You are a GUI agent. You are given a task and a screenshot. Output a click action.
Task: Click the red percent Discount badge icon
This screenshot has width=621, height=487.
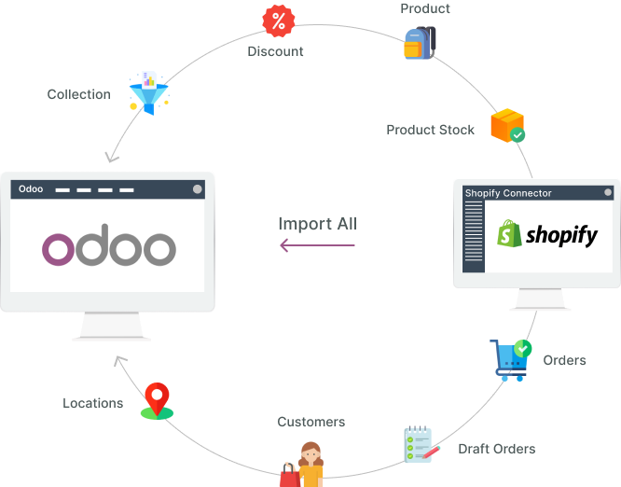point(278,20)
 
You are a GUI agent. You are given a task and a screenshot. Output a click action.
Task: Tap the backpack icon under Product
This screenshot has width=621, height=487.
point(419,43)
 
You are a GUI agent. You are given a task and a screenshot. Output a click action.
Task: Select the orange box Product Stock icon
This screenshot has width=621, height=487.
point(508,126)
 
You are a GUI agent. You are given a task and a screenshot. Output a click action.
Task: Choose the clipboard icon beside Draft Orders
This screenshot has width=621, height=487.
point(419,445)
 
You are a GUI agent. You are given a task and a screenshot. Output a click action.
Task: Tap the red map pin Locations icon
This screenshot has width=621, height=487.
point(157,400)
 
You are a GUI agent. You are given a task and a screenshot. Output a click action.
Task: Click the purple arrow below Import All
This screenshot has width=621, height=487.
point(318,245)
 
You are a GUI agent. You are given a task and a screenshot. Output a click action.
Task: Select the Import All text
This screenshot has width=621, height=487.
point(317,224)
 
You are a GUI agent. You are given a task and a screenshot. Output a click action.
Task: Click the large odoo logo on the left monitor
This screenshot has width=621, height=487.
point(109,247)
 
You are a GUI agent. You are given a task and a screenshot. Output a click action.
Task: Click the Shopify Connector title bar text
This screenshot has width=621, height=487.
point(508,193)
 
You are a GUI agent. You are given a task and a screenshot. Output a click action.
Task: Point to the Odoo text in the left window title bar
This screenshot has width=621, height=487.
point(31,189)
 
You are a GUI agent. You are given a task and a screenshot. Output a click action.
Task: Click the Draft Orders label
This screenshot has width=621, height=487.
point(496,449)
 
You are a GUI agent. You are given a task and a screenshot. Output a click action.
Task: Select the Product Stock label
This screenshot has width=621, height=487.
point(430,130)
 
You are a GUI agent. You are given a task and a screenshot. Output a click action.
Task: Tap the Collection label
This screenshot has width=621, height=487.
point(78,94)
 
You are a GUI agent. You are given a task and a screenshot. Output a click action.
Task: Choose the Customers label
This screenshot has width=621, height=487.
point(310,423)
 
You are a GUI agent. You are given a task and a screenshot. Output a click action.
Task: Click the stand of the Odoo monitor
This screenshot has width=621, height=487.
point(110,326)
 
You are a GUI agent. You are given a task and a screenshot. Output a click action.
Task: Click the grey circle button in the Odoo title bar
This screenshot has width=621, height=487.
point(197,189)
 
